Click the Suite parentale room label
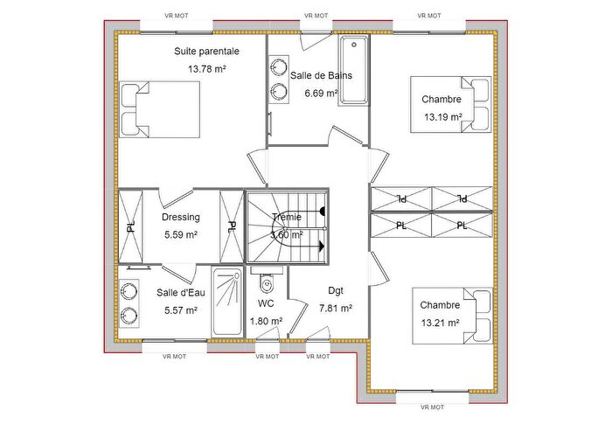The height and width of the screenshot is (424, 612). [x=206, y=52]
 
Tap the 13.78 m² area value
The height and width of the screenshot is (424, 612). [x=206, y=68]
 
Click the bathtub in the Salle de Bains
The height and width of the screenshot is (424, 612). [x=354, y=71]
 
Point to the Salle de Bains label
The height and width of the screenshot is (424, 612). [x=321, y=76]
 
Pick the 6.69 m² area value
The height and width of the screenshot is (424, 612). [x=321, y=93]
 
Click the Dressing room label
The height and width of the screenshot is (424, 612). [x=181, y=218]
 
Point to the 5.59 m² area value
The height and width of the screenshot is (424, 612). [x=181, y=234]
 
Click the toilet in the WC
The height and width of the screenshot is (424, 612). [x=268, y=284]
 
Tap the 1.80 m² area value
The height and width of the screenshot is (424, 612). [x=266, y=321]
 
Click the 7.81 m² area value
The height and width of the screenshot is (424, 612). [x=336, y=309]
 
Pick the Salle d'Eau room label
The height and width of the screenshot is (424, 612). [x=181, y=293]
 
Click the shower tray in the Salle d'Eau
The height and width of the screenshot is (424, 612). [x=226, y=302]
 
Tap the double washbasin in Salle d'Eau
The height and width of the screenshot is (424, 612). [x=129, y=302]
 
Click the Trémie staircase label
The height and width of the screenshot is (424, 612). [x=287, y=218]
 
